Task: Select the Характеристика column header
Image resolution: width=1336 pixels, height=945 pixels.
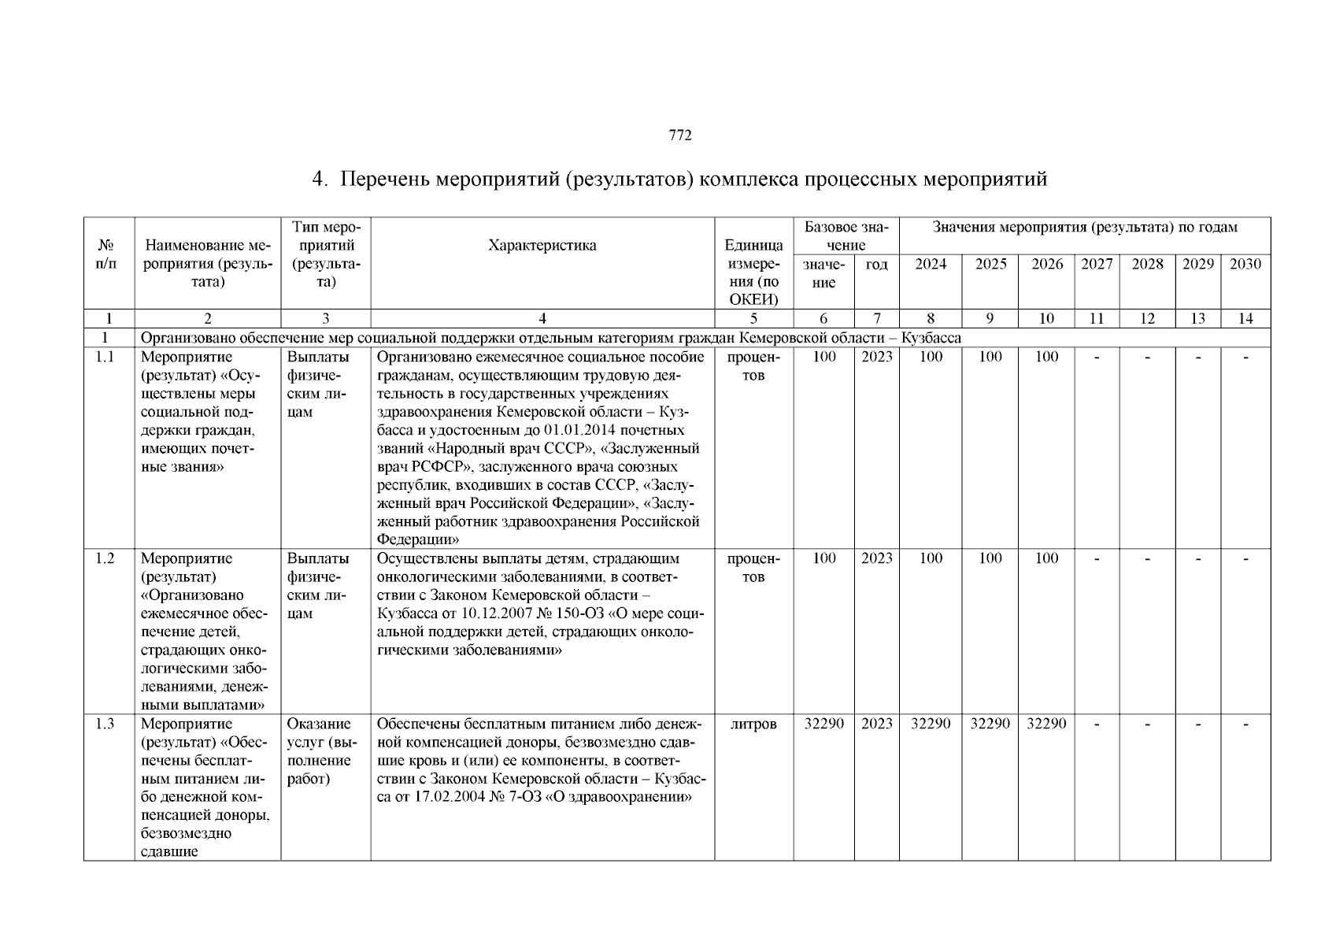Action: pyautogui.click(x=542, y=245)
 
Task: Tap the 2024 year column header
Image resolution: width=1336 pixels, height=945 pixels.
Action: pyautogui.click(x=931, y=265)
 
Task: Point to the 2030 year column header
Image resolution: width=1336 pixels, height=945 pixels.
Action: pyautogui.click(x=1245, y=265)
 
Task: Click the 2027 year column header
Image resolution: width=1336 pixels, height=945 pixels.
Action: pyautogui.click(x=1097, y=265)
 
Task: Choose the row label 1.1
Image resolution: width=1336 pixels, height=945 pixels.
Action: pyautogui.click(x=105, y=358)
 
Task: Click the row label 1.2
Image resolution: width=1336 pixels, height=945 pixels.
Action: pyautogui.click(x=105, y=559)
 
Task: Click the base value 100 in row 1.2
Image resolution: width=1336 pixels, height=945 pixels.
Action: pyautogui.click(x=823, y=559)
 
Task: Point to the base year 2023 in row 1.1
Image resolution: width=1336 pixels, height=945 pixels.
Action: pyautogui.click(x=876, y=358)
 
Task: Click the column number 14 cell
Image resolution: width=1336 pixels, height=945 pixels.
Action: pyautogui.click(x=1245, y=319)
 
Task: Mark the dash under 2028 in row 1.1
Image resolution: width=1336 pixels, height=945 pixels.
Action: pyautogui.click(x=1147, y=358)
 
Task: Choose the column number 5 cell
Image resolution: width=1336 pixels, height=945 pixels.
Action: pyautogui.click(x=753, y=319)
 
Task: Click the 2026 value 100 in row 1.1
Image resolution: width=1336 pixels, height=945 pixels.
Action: pyautogui.click(x=1046, y=358)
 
